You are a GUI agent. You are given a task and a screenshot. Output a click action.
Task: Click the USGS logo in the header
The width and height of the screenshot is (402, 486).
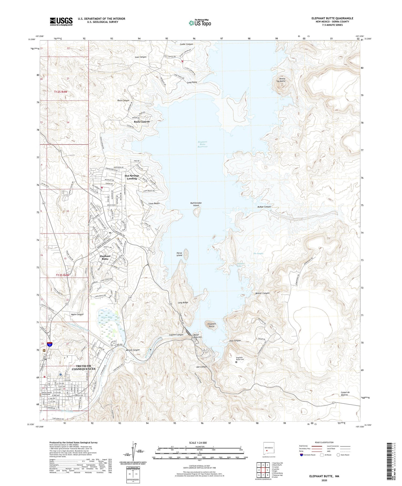click(61, 21)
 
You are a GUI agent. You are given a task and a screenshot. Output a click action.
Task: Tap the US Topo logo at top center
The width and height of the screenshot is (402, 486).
click(200, 23)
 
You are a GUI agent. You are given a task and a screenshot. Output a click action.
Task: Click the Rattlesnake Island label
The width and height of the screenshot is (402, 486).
click(196, 204)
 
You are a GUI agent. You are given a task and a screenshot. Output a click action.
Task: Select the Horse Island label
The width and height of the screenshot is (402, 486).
click(179, 254)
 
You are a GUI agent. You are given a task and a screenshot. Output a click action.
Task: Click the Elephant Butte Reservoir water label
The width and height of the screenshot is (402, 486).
click(203, 144)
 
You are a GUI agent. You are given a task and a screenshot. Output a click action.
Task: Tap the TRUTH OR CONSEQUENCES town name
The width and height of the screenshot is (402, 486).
click(83, 368)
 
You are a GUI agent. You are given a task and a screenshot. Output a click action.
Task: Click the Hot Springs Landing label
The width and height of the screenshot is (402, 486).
click(132, 177)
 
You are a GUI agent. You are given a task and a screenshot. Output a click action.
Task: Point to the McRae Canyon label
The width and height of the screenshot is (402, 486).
click(264, 207)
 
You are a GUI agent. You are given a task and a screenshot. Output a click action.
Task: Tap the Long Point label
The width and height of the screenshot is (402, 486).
click(192, 82)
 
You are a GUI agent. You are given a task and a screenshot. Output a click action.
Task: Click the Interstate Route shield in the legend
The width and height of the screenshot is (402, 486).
click(301, 455)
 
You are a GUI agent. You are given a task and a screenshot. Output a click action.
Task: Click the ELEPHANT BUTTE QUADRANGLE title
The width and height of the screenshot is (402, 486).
click(332, 18)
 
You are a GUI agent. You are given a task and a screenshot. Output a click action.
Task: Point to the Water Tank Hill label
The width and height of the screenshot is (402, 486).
click(197, 336)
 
